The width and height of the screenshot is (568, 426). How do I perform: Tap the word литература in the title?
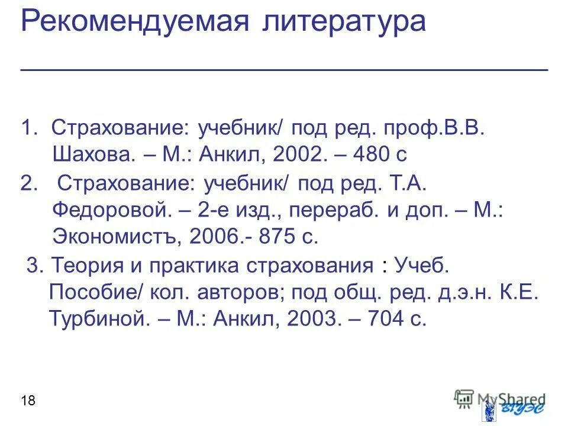[342, 22]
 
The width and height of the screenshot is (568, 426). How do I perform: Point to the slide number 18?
[28, 402]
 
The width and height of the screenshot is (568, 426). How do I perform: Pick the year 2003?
[314, 319]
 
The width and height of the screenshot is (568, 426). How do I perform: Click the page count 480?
[371, 155]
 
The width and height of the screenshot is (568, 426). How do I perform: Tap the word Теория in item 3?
[83, 266]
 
